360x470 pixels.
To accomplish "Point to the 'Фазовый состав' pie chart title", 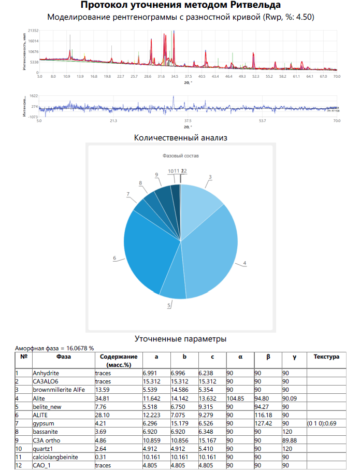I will [180, 155].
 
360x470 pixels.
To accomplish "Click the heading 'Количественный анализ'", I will [180, 138].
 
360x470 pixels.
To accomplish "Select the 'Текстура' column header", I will [326, 357].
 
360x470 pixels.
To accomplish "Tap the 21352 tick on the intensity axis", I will [33, 31].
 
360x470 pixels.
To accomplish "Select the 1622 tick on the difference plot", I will [34, 96].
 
